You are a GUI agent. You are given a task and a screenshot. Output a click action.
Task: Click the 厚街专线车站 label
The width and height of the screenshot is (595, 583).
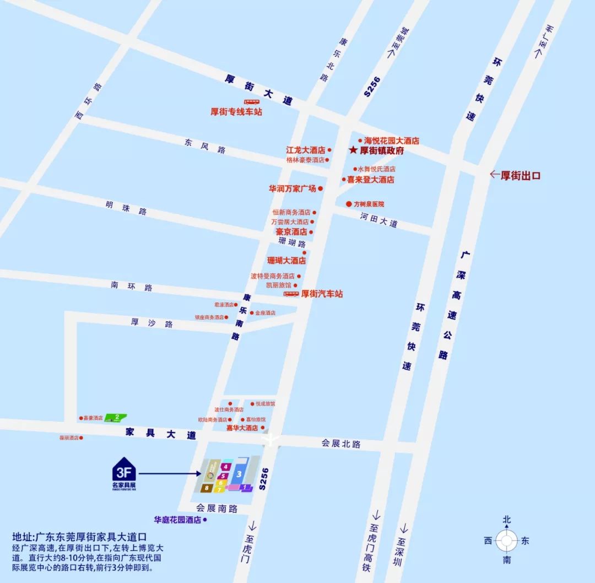pyautogui.click(x=236, y=112)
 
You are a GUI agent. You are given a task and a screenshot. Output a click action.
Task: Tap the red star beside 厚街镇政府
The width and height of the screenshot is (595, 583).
pyautogui.click(x=353, y=150)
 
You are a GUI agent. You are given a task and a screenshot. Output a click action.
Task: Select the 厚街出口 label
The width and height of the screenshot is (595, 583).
pyautogui.click(x=520, y=176)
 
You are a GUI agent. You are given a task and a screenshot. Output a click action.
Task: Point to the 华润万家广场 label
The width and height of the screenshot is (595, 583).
pyautogui.click(x=293, y=188)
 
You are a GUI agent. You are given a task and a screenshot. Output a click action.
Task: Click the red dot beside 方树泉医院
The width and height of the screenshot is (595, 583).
pyautogui.click(x=349, y=204)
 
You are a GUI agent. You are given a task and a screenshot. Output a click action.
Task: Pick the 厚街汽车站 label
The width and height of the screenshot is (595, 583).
pyautogui.click(x=322, y=294)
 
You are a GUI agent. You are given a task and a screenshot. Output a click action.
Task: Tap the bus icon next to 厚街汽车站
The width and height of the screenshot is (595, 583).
pyautogui.click(x=291, y=294)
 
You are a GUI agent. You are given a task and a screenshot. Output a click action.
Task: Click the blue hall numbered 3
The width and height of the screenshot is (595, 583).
pyautogui.click(x=239, y=473)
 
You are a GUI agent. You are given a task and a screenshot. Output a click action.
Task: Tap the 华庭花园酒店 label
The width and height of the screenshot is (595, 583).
pyautogui.click(x=177, y=520)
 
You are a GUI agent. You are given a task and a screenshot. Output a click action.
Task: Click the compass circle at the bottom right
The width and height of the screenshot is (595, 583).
pyautogui.click(x=506, y=541)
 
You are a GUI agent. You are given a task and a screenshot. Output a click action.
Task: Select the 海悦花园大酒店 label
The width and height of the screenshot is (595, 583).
pyautogui.click(x=392, y=141)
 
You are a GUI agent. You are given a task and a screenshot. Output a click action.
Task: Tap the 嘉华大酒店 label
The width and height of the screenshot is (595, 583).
pyautogui.click(x=242, y=428)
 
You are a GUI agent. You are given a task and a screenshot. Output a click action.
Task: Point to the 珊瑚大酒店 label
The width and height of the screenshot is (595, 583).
pyautogui.click(x=286, y=261)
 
